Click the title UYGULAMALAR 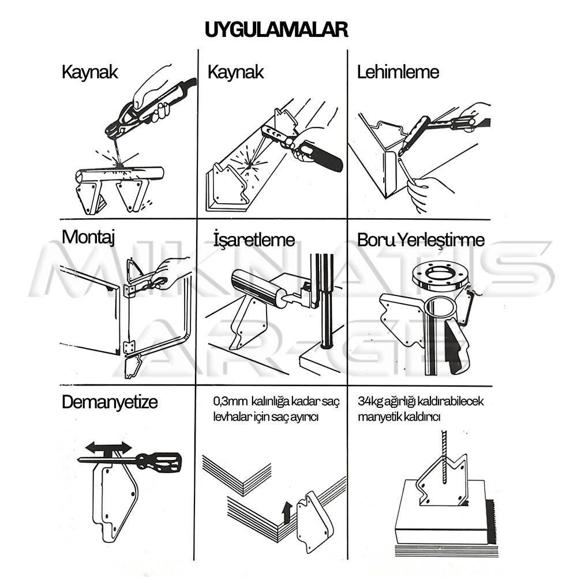coord(276,29)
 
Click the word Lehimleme coord(398,72)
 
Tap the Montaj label coord(88,237)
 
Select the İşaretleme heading coord(254,239)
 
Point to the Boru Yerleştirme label coord(421,240)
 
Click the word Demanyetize coord(110,402)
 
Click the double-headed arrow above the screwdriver coord(108,448)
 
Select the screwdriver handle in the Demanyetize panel coord(159,462)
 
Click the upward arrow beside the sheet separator coord(287,512)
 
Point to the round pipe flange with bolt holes coord(440,276)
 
